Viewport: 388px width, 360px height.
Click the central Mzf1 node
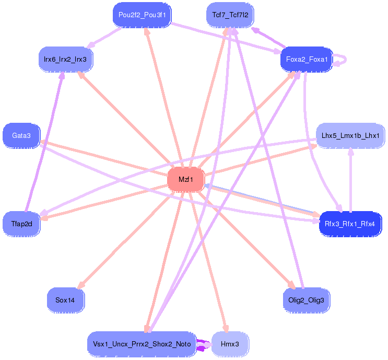(185, 180)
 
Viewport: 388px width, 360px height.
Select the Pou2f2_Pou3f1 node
(142, 15)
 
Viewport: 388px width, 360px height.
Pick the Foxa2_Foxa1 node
(307, 60)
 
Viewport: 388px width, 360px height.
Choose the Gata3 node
(21, 136)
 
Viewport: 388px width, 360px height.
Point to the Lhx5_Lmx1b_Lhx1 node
(350, 136)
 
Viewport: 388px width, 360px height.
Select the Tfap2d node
(21, 224)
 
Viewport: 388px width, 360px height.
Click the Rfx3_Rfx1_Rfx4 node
(350, 224)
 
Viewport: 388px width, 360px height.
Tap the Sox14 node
(65, 300)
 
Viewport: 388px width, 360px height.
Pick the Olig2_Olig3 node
(306, 300)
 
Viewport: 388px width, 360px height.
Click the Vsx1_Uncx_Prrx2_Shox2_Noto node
(142, 344)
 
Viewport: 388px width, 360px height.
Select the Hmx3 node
(230, 344)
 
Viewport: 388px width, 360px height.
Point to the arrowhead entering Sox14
(79, 285)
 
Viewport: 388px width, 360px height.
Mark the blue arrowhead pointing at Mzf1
(207, 185)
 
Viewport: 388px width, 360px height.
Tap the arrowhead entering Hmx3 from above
(226, 329)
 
